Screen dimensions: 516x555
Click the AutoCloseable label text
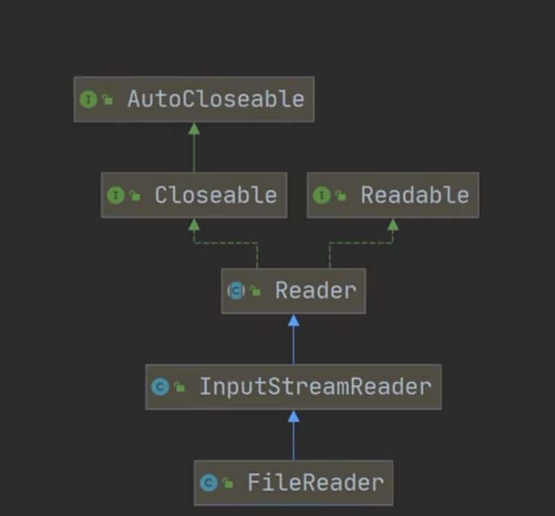point(215,99)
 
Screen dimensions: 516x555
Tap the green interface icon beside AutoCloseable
point(88,99)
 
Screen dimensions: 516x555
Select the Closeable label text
point(215,195)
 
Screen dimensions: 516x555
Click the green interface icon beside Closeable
point(115,195)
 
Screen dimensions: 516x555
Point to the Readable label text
point(415,195)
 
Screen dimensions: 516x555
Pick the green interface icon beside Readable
point(321,195)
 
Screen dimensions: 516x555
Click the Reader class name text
point(316,291)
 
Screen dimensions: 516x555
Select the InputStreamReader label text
point(315,386)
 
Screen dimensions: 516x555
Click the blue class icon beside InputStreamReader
point(160,387)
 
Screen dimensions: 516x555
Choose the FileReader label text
point(315,482)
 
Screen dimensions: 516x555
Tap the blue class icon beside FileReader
point(208,482)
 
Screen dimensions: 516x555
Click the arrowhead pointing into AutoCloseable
point(194,129)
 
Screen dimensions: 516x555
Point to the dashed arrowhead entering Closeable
point(194,224)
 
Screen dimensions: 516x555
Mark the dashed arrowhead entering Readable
point(393,224)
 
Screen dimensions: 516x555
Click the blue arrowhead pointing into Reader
point(293,320)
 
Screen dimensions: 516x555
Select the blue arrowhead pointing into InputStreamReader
point(293,416)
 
